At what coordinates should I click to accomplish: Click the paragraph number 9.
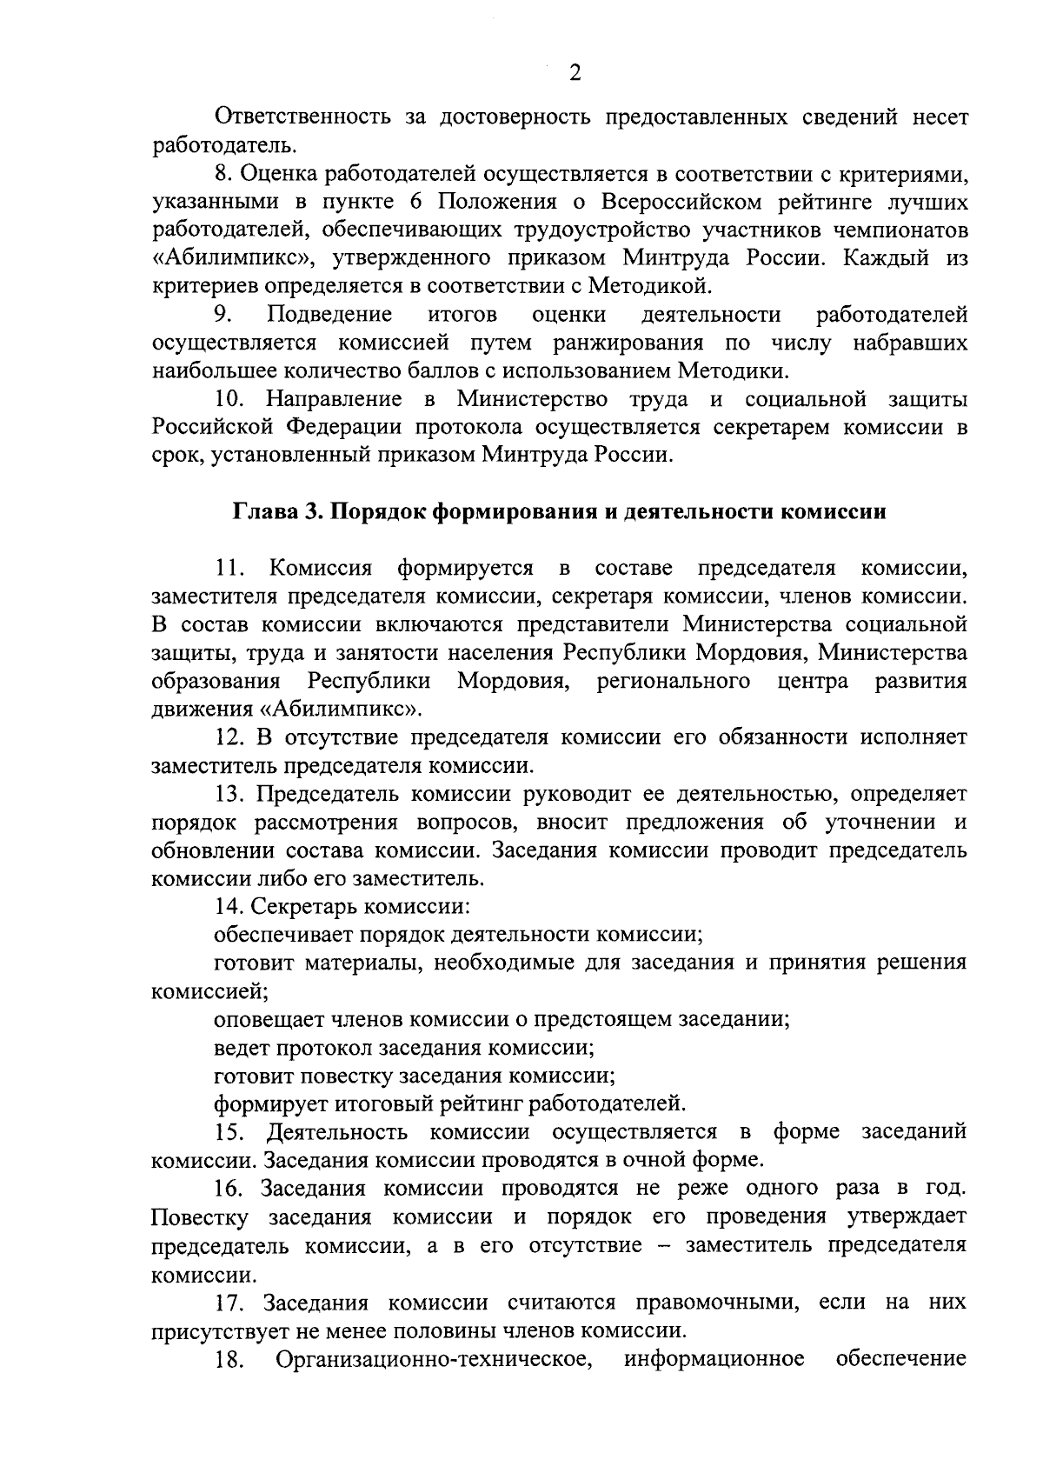(x=224, y=314)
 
